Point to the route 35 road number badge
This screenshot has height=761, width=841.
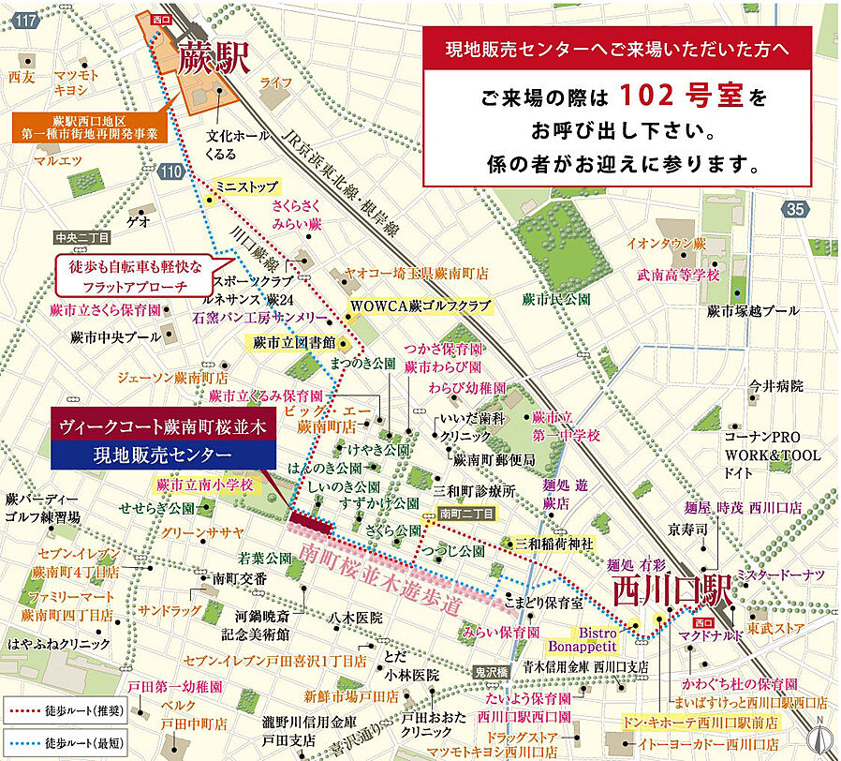coord(797,209)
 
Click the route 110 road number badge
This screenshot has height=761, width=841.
coord(170,171)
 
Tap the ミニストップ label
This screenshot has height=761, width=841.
coord(241,187)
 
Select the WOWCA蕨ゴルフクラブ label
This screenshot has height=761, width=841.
coord(420,306)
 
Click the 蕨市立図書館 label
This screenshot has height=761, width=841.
coord(293,343)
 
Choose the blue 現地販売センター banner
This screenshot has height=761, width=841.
coord(163,455)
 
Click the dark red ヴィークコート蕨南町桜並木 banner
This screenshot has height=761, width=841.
coord(163,425)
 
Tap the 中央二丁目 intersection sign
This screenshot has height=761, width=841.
coord(82,238)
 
